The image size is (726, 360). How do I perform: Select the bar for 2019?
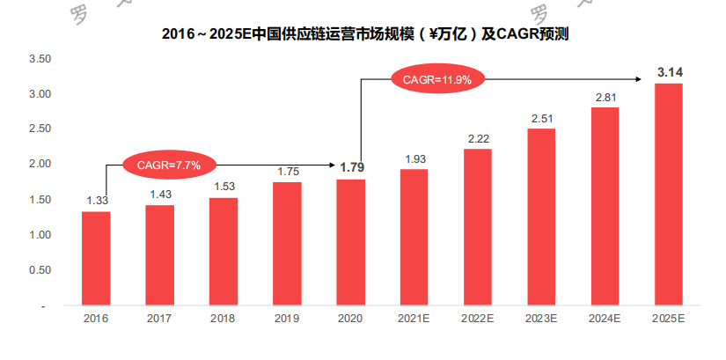tap(287, 244)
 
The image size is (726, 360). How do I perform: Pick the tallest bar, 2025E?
tap(669, 195)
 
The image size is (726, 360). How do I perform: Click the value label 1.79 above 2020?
tap(350, 167)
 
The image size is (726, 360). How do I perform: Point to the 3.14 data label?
tap(670, 72)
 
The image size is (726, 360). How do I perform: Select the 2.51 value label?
tap(542, 118)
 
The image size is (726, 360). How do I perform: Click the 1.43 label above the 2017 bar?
tap(159, 194)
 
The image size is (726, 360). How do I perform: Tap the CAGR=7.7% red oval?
tap(169, 164)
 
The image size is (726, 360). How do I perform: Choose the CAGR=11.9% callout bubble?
tap(437, 80)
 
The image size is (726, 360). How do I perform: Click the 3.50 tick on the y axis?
tap(40, 59)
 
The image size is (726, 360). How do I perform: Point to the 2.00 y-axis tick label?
tap(40, 165)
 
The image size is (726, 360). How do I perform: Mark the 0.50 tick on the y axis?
tap(40, 270)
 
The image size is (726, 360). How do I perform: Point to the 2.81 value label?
tap(605, 97)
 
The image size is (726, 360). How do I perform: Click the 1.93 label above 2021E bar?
tap(414, 158)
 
